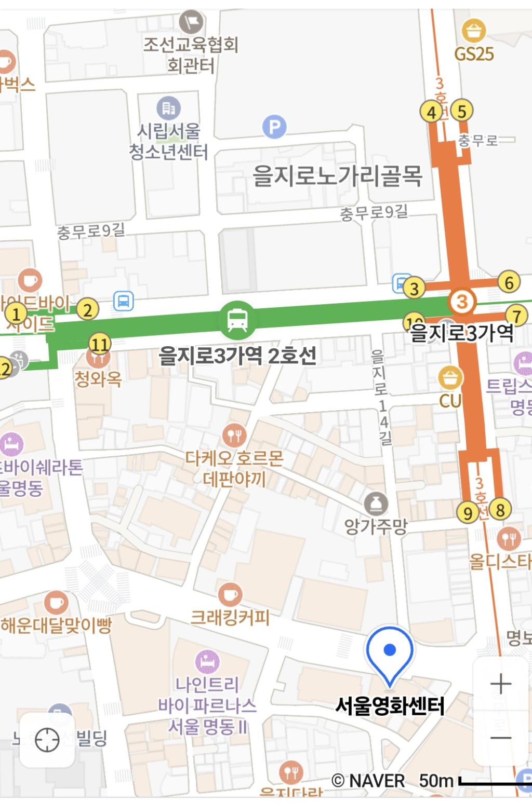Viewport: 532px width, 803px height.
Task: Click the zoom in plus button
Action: [x=501, y=684]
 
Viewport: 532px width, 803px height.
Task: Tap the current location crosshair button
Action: [x=47, y=740]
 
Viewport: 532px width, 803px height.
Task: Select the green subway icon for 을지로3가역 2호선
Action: [x=237, y=320]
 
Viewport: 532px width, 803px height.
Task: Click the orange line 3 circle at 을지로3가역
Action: [x=462, y=301]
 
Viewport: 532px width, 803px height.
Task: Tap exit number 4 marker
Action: [x=431, y=112]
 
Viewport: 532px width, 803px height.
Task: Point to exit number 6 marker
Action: [x=509, y=282]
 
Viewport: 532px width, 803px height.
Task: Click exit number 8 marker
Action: [x=500, y=510]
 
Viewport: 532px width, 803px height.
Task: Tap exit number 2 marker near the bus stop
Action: [x=87, y=310]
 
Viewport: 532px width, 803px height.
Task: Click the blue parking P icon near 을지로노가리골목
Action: [x=274, y=126]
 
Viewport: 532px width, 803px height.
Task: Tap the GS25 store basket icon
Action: [x=474, y=31]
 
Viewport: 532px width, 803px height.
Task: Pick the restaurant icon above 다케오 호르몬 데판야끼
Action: [x=234, y=435]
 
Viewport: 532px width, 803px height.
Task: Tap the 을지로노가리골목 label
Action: [x=337, y=176]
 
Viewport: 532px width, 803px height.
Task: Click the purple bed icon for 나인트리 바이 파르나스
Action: [x=207, y=662]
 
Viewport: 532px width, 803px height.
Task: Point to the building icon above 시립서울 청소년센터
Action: [x=168, y=108]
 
